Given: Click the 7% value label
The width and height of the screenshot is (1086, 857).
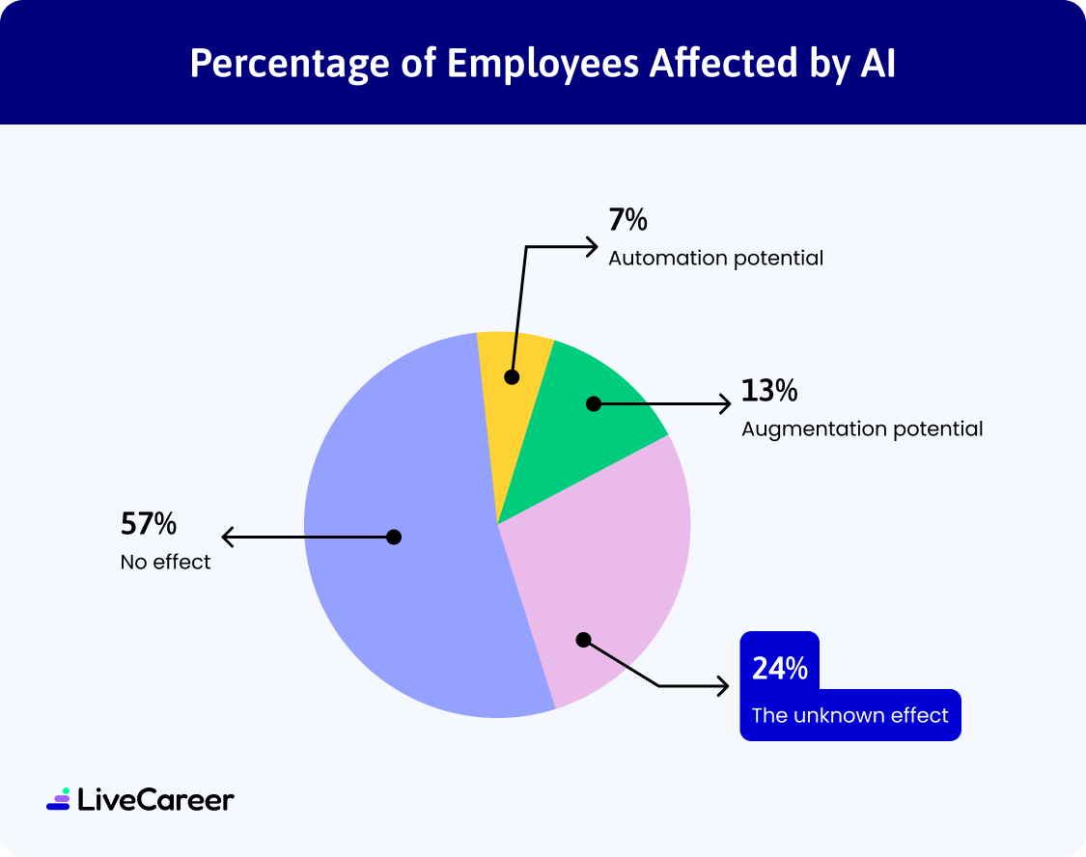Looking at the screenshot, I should [x=627, y=221].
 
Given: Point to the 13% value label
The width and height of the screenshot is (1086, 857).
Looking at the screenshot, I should [x=769, y=391].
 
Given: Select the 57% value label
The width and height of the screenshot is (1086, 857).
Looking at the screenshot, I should [x=148, y=524].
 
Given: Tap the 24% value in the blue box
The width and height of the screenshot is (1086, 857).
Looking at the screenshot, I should [x=779, y=668].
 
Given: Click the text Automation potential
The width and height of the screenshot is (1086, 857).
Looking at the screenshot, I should [x=715, y=259].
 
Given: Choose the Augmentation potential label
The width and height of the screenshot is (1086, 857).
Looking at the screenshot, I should [x=862, y=428].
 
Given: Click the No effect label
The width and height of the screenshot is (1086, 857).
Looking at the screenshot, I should [x=165, y=562].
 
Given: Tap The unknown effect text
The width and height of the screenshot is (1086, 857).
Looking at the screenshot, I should [x=849, y=715].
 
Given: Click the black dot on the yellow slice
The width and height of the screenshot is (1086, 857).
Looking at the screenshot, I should [x=512, y=376].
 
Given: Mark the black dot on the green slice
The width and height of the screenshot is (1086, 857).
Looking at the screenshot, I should [x=594, y=403].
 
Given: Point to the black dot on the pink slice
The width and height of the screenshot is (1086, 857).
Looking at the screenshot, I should [x=582, y=639].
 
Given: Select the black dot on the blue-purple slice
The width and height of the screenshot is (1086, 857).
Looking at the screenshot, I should [x=393, y=537].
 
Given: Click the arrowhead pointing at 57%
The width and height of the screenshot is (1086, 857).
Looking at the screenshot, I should [x=228, y=537].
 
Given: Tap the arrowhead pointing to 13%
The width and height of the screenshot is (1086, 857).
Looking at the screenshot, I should [x=725, y=403].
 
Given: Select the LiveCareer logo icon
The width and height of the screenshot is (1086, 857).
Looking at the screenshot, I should [x=58, y=799].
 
